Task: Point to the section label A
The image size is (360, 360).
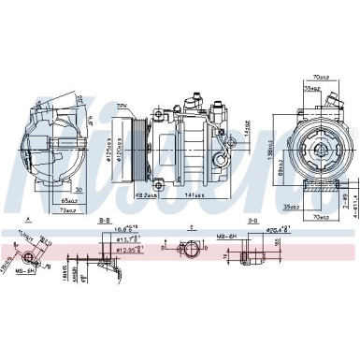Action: [x=30, y=222]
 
